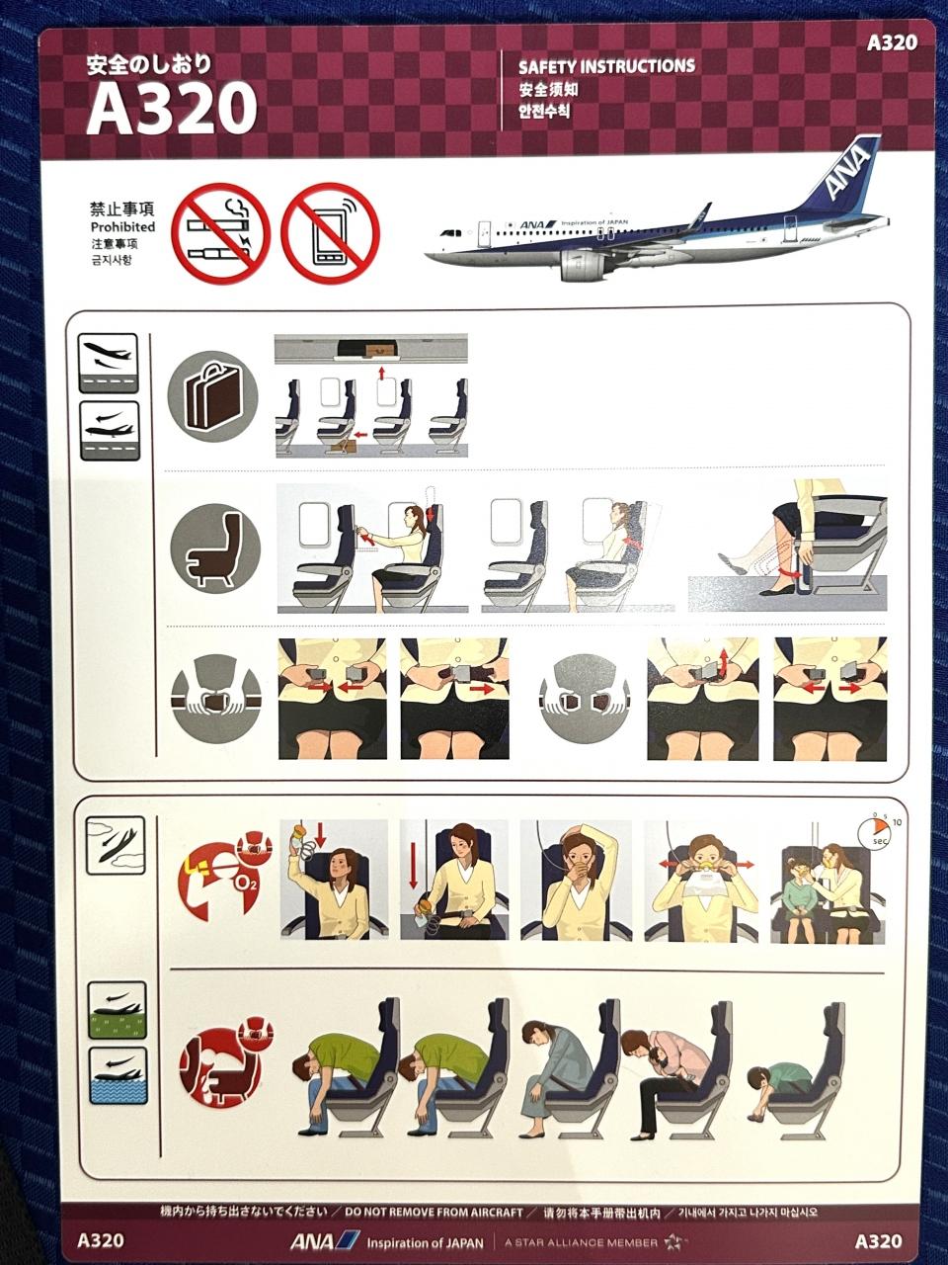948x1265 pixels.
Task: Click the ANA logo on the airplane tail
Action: pos(846,170)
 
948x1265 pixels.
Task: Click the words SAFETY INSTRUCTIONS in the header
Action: pos(606,66)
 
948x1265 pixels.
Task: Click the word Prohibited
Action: pos(122,226)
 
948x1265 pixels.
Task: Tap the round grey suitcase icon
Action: pos(212,397)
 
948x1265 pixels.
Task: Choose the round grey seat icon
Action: pos(215,548)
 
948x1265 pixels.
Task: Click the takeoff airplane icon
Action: pos(108,364)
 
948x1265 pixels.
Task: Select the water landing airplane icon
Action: pos(118,1075)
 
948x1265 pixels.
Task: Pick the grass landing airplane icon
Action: pos(117,1011)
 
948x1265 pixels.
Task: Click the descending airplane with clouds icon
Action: pos(116,846)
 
